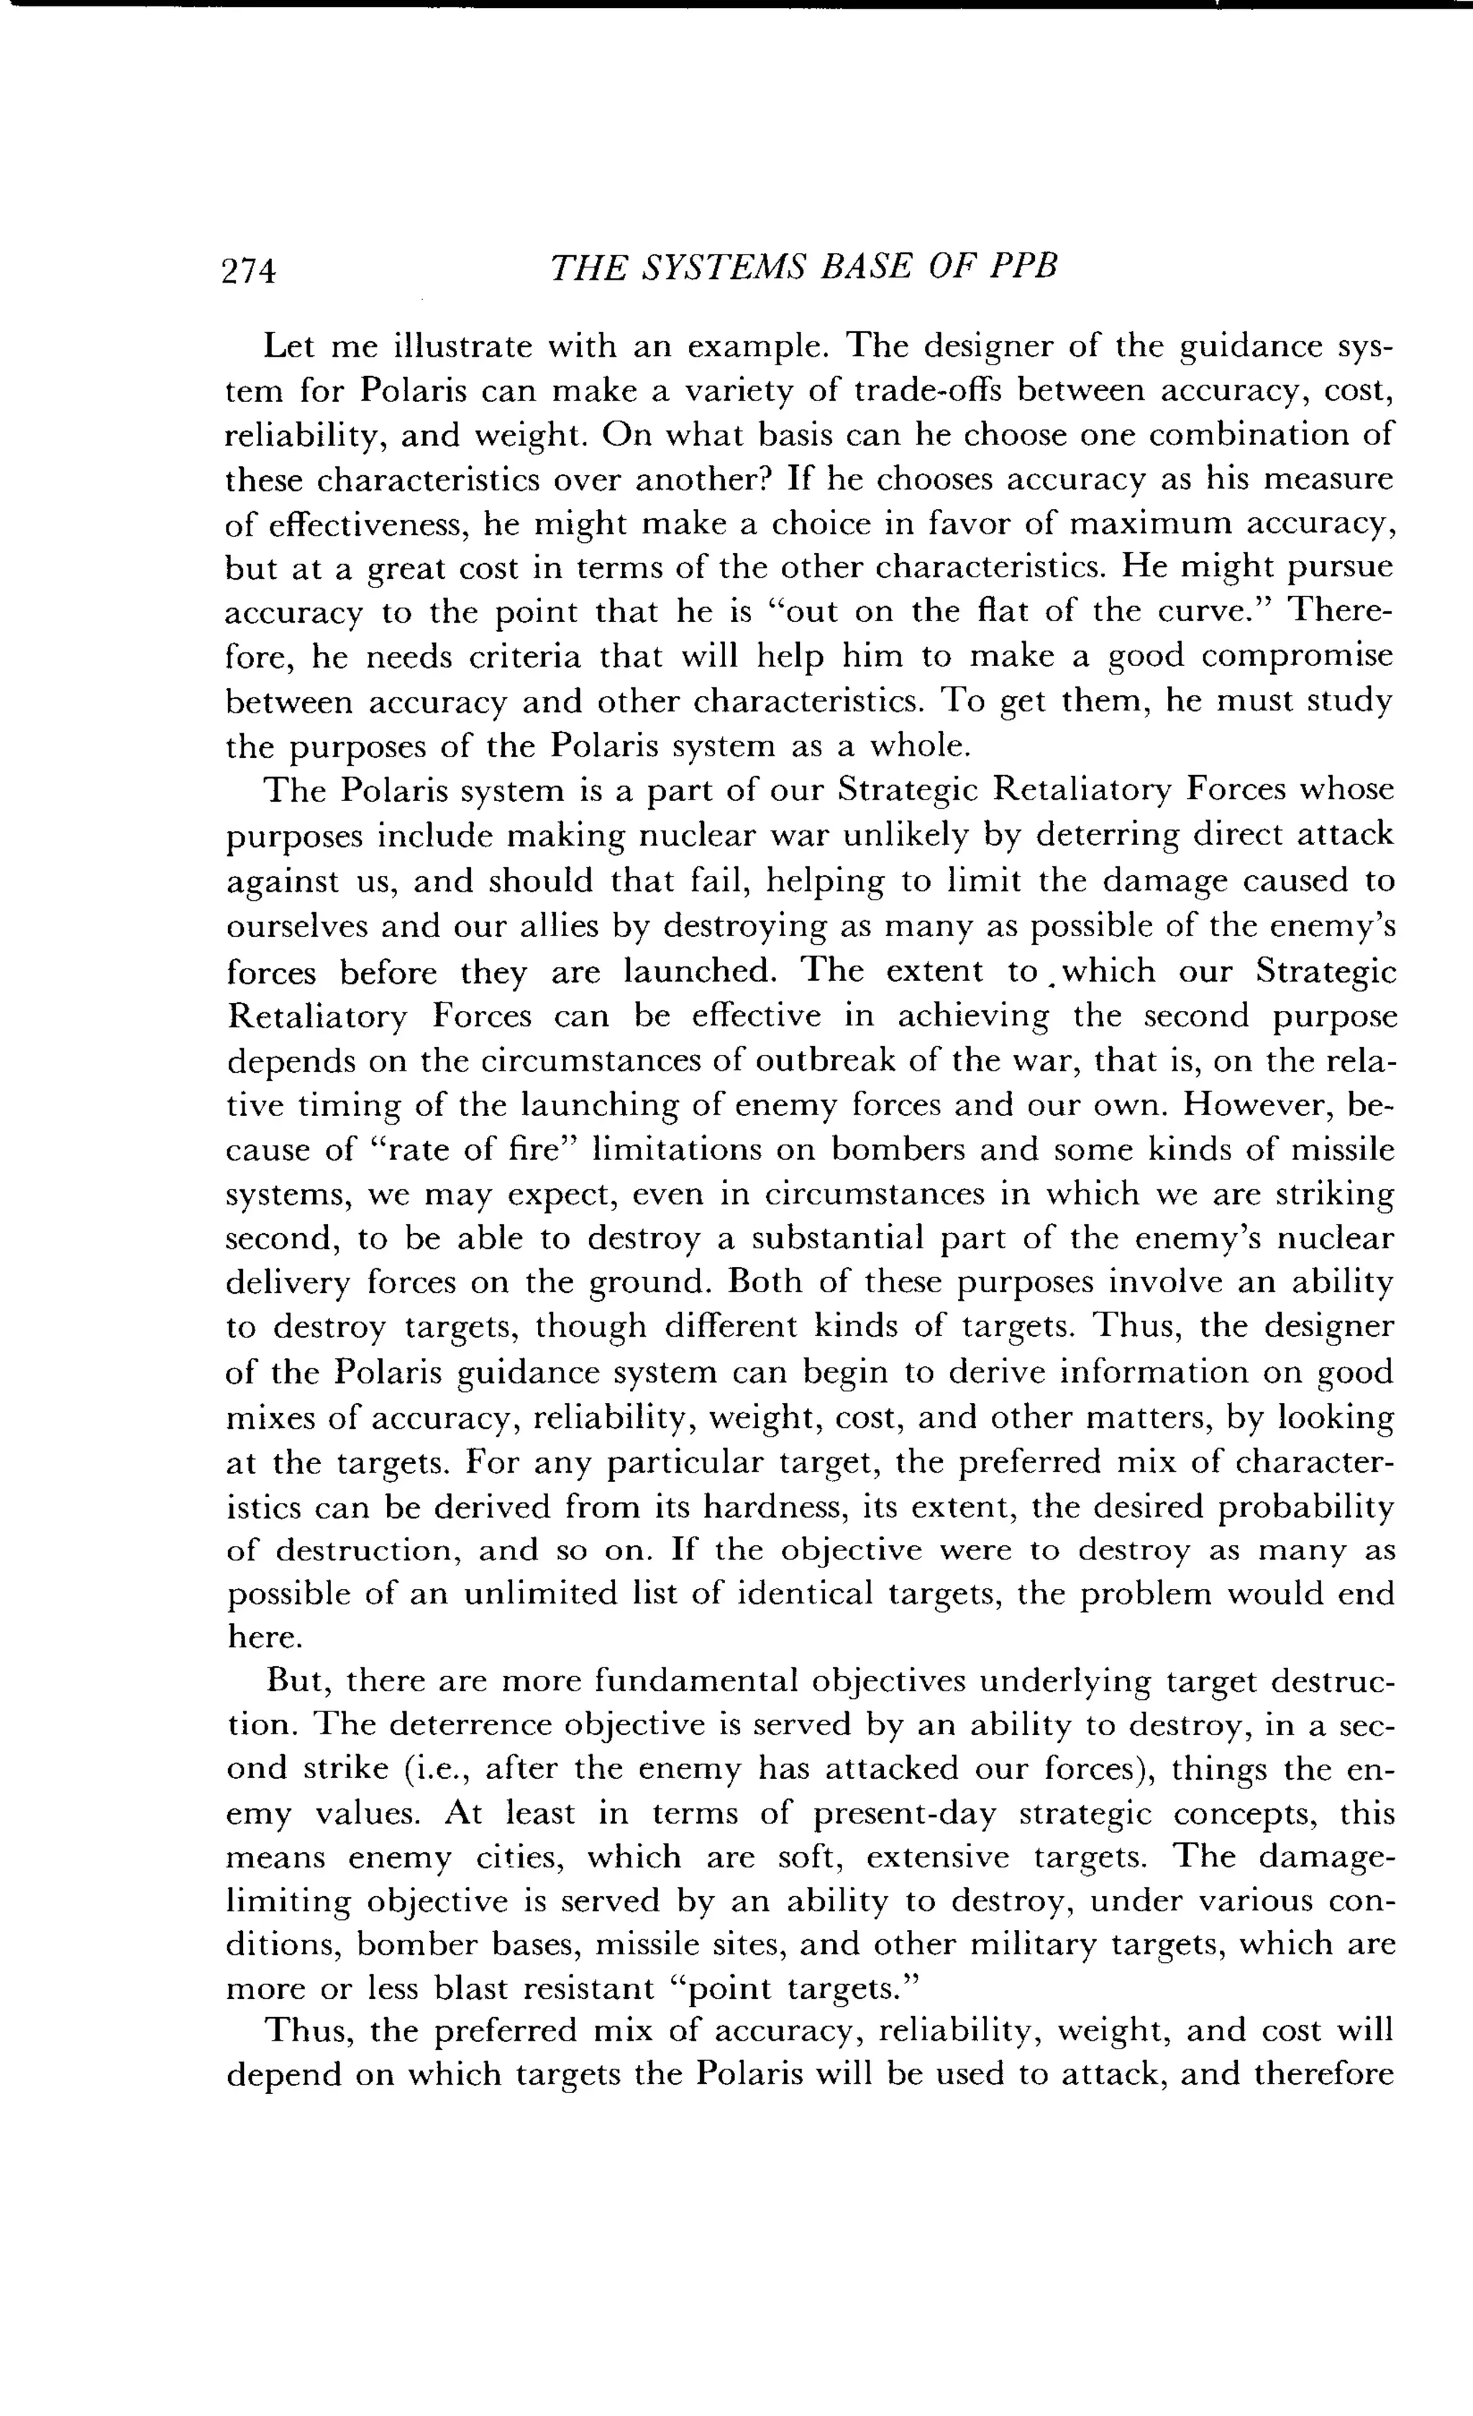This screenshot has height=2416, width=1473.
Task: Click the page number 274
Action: [x=249, y=270]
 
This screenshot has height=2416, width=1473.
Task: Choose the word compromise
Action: [x=1297, y=656]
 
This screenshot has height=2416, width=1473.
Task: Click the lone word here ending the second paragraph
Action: [x=263, y=1639]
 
